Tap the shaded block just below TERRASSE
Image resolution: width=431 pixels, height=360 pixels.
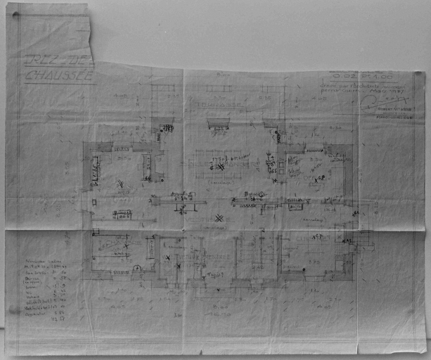(219, 124)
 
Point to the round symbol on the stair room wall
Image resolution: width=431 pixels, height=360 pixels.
(138, 268)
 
